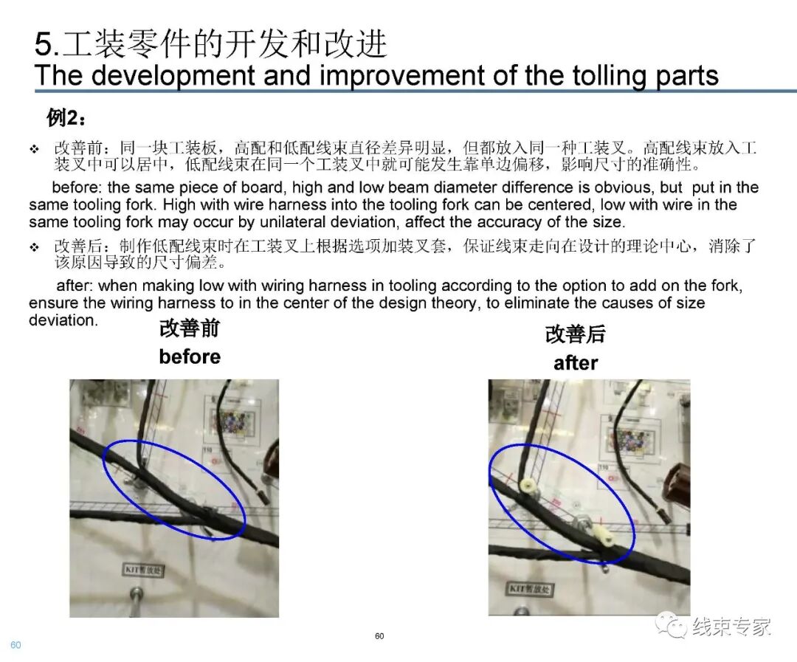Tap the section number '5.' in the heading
click(x=46, y=45)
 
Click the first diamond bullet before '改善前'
click(x=34, y=149)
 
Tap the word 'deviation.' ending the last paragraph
click(x=63, y=320)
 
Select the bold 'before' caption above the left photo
click(x=190, y=357)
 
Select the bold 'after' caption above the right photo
click(x=576, y=363)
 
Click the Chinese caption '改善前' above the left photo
click(x=190, y=329)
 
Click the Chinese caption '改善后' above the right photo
click(x=576, y=334)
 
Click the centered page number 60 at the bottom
click(x=379, y=636)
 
